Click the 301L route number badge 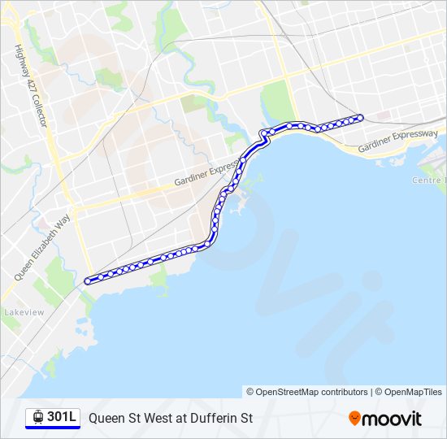coord(53,417)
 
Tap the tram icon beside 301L coord(38,417)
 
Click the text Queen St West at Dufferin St coord(171,418)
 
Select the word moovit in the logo coord(392,419)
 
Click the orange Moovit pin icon coord(354,418)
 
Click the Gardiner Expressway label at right coord(398,140)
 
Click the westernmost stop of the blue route coord(88,281)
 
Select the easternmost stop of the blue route coord(359,117)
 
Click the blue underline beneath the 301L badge coord(53,428)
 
